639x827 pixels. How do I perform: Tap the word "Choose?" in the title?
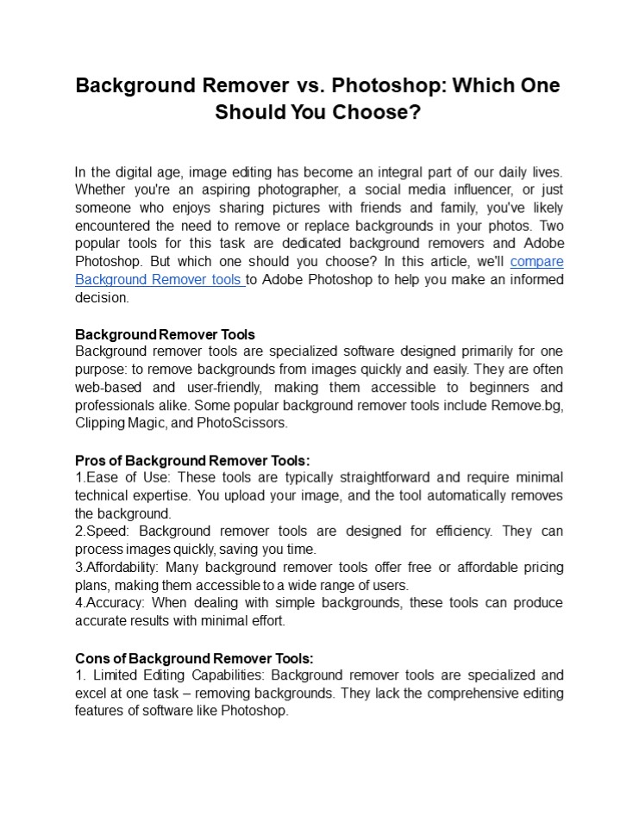(x=378, y=113)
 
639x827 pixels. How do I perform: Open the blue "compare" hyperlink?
(x=536, y=262)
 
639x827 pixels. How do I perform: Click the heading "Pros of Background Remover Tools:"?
(x=192, y=461)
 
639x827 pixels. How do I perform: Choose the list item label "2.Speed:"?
(x=103, y=532)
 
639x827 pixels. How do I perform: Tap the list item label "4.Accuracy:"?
(x=110, y=603)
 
